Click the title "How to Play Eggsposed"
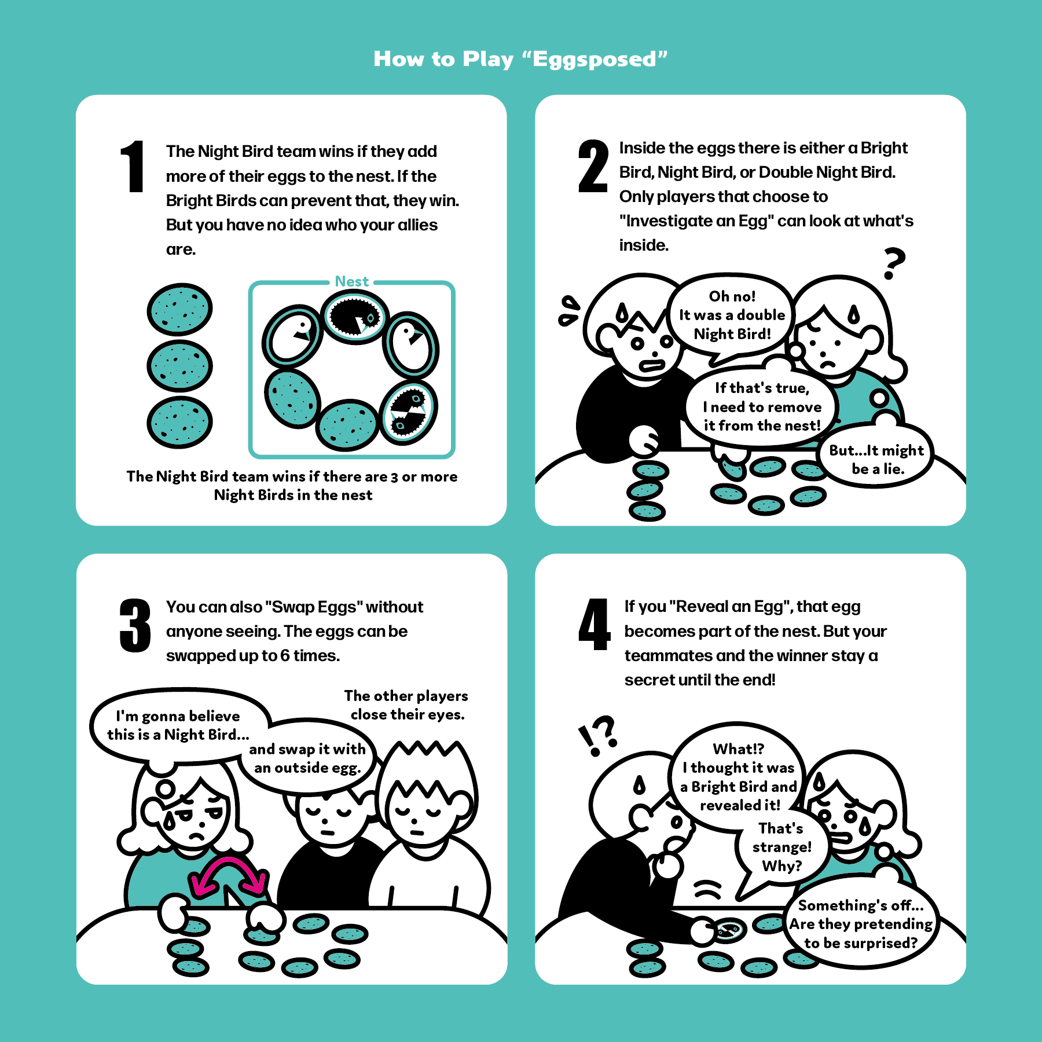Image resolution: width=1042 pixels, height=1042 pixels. pyautogui.click(x=520, y=59)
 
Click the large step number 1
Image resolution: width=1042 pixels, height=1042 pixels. pyautogui.click(x=133, y=166)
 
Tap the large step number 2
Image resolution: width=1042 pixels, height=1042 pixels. pyautogui.click(x=593, y=166)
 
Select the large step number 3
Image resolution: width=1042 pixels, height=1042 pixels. pyautogui.click(x=135, y=626)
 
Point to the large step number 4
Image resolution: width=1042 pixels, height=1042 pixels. pyautogui.click(x=594, y=625)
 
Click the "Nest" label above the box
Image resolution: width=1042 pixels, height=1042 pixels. pyautogui.click(x=351, y=281)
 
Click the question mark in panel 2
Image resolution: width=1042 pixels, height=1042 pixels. pyautogui.click(x=894, y=263)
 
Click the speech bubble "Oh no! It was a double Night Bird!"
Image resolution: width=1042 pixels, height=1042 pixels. pyautogui.click(x=732, y=315)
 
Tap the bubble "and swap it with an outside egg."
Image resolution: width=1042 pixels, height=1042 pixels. pyautogui.click(x=308, y=758)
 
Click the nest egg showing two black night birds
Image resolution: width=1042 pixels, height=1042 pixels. pyautogui.click(x=409, y=412)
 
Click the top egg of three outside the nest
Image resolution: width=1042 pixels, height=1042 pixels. pyautogui.click(x=179, y=309)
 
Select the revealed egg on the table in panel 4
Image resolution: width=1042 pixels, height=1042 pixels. pyautogui.click(x=728, y=930)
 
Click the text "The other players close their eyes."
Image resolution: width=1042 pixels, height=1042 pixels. pyautogui.click(x=406, y=705)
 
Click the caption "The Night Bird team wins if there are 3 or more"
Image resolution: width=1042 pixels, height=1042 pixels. pyautogui.click(x=292, y=476)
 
